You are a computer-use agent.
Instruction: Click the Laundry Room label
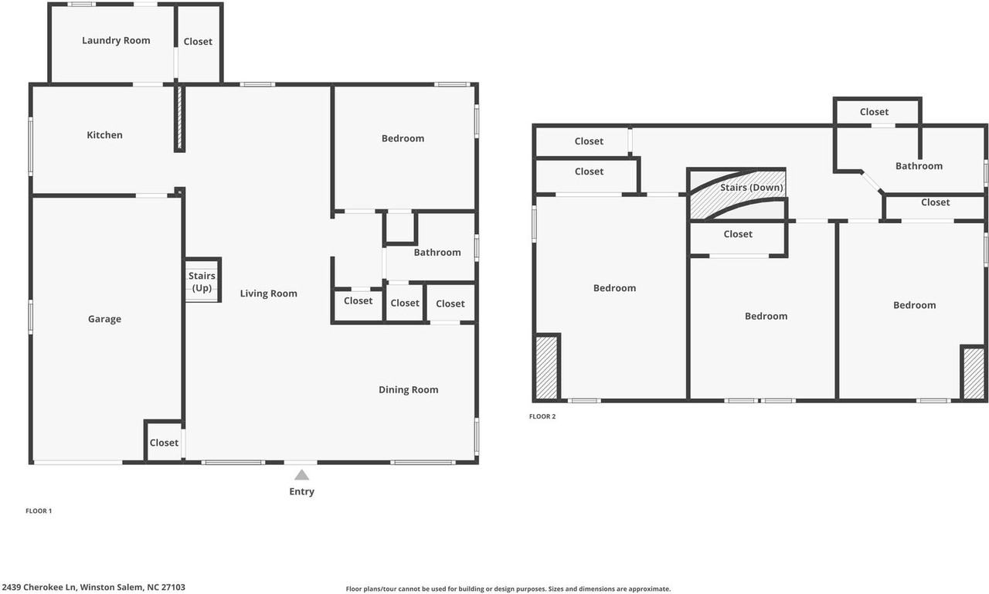(116, 41)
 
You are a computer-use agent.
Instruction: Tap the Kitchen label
(104, 135)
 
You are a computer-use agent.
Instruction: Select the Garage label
(104, 319)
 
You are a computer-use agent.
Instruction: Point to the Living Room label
(268, 294)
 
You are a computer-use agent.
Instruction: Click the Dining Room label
(409, 389)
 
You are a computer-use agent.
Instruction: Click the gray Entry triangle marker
(301, 475)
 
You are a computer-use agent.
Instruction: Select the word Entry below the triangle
(301, 491)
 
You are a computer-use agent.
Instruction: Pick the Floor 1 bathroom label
(437, 253)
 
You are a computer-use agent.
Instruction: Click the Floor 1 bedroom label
(403, 138)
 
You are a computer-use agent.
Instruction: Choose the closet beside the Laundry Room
(198, 42)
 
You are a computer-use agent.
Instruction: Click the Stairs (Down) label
(752, 188)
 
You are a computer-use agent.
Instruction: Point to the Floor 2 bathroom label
(919, 166)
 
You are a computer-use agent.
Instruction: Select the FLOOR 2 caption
(542, 416)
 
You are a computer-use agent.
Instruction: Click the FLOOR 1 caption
(39, 511)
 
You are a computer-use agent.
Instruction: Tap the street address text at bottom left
(93, 587)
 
